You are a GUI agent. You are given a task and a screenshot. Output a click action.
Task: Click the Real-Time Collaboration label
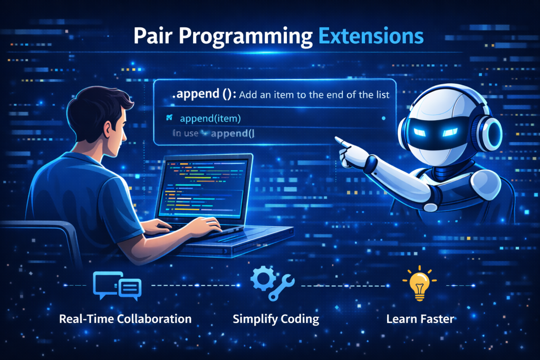coord(126,319)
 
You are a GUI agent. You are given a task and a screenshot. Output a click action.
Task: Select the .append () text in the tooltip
coord(203,96)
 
